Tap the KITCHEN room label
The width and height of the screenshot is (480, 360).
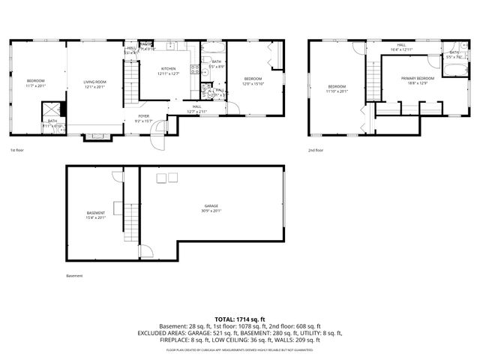(168, 69)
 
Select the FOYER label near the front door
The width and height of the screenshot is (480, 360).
(142, 116)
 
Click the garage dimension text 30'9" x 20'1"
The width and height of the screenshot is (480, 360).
(211, 211)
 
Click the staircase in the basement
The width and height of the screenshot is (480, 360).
(132, 221)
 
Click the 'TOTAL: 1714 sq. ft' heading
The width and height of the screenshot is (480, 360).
(239, 319)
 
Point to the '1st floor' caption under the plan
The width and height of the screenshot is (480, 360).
(18, 150)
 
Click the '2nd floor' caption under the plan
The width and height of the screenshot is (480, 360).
(316, 150)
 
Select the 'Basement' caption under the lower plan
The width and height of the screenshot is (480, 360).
(74, 276)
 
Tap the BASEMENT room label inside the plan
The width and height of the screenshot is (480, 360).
(96, 213)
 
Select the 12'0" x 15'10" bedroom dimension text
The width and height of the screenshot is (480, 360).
(253, 83)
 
